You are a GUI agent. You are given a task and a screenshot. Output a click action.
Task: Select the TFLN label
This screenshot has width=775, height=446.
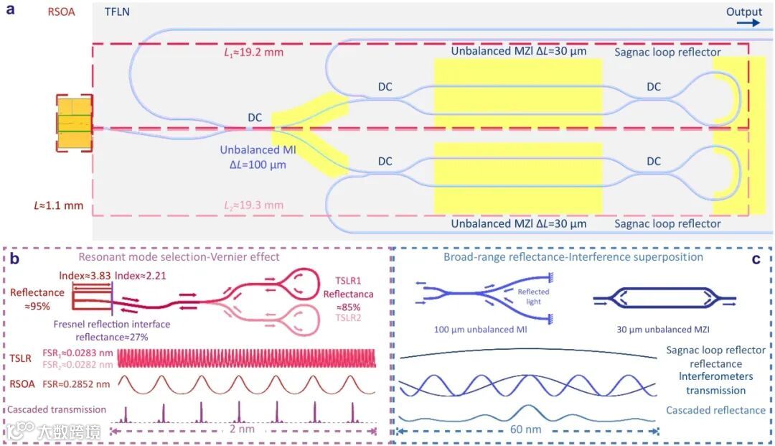(118, 12)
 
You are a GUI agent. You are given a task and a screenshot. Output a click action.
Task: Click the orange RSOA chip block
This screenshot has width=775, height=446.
(75, 124)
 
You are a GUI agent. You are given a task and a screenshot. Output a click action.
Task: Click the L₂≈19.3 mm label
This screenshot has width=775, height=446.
(253, 205)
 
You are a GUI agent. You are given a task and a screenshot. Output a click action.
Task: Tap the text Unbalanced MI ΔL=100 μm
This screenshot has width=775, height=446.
(255, 157)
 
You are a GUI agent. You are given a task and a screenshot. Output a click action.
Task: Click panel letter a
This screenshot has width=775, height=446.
(10, 12)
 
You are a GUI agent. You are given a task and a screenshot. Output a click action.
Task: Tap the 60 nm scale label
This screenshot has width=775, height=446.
(527, 431)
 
